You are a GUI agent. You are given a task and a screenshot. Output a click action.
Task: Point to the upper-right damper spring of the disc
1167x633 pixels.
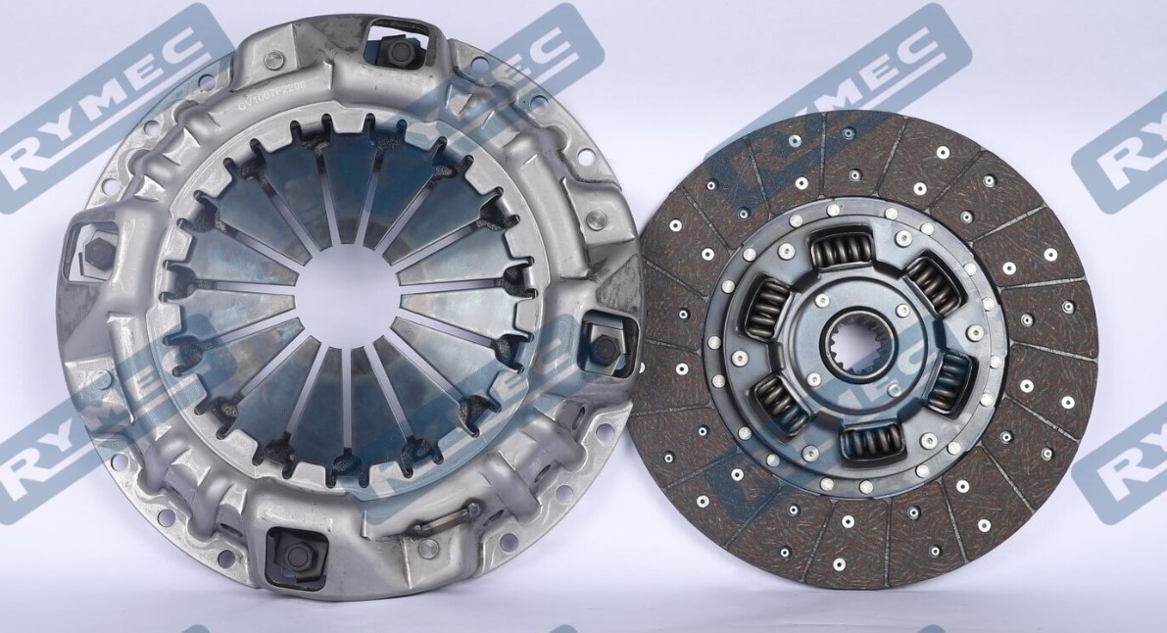tap(932, 283)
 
